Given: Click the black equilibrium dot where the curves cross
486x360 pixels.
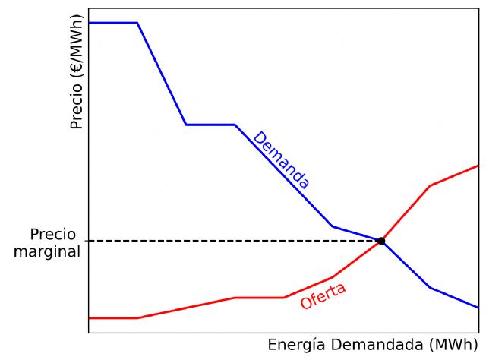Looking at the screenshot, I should pyautogui.click(x=381, y=241).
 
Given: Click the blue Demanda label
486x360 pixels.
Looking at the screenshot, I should pyautogui.click(x=281, y=160).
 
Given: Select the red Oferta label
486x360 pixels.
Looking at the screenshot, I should pyautogui.click(x=323, y=295).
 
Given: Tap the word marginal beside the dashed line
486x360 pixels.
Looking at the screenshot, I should pyautogui.click(x=47, y=251).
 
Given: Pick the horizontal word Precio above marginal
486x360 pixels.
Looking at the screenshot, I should pyautogui.click(x=53, y=234).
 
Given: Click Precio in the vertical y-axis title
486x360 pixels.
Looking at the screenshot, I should pyautogui.click(x=76, y=106).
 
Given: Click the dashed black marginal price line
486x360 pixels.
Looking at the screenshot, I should pyautogui.click(x=228, y=241).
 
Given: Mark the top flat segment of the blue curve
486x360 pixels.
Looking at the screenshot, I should pyautogui.click(x=112, y=23).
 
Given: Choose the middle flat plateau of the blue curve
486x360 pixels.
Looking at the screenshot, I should pyautogui.click(x=210, y=124).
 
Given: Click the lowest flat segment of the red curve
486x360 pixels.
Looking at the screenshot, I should pyautogui.click(x=112, y=317).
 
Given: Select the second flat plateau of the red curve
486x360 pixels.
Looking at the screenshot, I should pyautogui.click(x=259, y=298).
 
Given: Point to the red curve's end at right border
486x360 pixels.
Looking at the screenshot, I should pyautogui.click(x=478, y=165).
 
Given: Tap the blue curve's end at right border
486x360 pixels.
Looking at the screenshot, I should pyautogui.click(x=478, y=308).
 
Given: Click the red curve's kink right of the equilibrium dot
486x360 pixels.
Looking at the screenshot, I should pyautogui.click(x=430, y=185).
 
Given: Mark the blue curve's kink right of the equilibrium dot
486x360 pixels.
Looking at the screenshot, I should pyautogui.click(x=430, y=288).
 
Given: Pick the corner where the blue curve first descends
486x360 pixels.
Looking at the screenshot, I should pyautogui.click(x=137, y=23).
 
